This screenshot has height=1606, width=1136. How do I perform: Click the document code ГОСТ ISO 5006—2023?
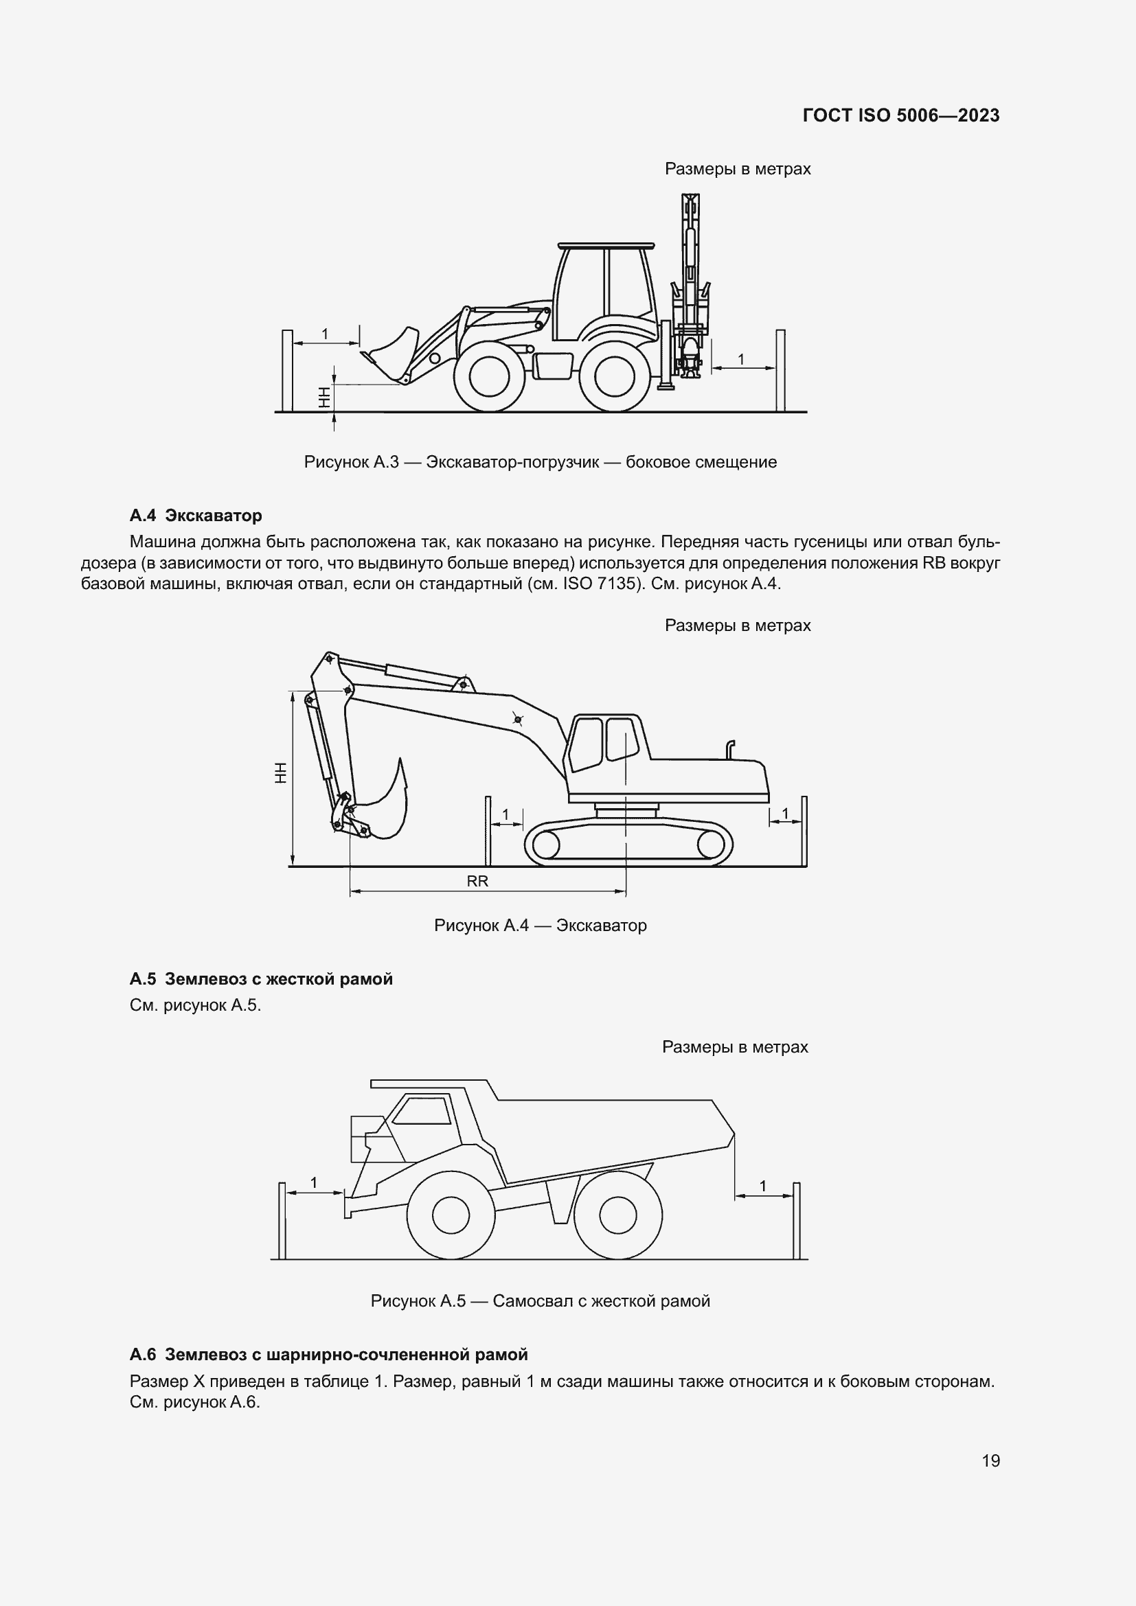tap(901, 115)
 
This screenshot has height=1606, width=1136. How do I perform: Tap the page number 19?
tap(990, 1460)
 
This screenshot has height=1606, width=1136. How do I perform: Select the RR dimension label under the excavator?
tap(477, 882)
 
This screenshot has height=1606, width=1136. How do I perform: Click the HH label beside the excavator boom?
tap(280, 772)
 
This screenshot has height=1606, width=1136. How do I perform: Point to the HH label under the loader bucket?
tap(323, 399)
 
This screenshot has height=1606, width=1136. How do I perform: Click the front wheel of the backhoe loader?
tap(489, 378)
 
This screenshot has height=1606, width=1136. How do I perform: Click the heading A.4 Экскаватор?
tap(196, 516)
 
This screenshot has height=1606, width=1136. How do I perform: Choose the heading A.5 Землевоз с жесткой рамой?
tap(261, 979)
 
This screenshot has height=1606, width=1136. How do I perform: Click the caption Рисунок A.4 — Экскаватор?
tap(540, 926)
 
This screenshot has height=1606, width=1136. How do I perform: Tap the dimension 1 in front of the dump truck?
tap(314, 1183)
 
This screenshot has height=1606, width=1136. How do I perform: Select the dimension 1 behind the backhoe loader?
tap(741, 360)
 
